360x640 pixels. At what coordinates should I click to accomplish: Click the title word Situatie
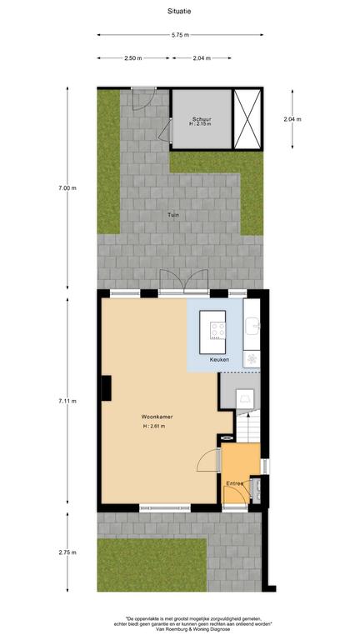pyautogui.click(x=179, y=12)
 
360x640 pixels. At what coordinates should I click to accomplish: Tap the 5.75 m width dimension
pyautogui.click(x=180, y=35)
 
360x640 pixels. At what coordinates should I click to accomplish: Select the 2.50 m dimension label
pyautogui.click(x=133, y=58)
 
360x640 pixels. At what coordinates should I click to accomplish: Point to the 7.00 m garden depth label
pyautogui.click(x=67, y=188)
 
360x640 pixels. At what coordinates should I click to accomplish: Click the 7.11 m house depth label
pyautogui.click(x=67, y=401)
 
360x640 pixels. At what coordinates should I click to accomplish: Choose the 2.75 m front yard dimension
pyautogui.click(x=67, y=552)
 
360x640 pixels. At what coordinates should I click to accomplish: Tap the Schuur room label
pyautogui.click(x=200, y=120)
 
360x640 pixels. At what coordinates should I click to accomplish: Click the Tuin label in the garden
pyautogui.click(x=173, y=215)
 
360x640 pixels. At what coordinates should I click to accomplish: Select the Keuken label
pyautogui.click(x=219, y=360)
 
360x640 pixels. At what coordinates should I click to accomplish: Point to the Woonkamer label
pyautogui.click(x=157, y=417)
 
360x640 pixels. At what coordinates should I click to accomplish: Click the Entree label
pyautogui.click(x=235, y=483)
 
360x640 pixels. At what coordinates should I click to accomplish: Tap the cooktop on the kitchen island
pyautogui.click(x=217, y=330)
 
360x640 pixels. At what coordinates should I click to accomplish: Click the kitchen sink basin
pyautogui.click(x=252, y=325)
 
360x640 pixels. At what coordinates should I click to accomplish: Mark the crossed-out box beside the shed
pyautogui.click(x=247, y=119)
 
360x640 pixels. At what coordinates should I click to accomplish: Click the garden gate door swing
pyautogui.click(x=142, y=99)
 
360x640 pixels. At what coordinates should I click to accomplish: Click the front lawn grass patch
pyautogui.click(x=152, y=565)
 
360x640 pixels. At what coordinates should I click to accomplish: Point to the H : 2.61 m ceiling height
pyautogui.click(x=154, y=426)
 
